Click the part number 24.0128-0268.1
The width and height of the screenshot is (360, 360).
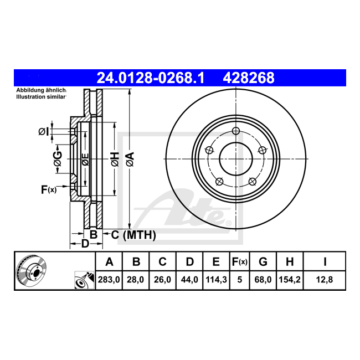point(151,78)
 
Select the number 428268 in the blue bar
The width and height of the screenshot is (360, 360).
point(249,78)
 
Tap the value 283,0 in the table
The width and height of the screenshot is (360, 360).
point(109,280)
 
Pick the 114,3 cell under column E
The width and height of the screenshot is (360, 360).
point(216,280)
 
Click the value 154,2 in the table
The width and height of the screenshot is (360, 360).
point(290,280)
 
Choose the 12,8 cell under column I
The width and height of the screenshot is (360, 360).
point(325,280)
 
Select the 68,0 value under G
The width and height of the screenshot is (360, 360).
point(263,280)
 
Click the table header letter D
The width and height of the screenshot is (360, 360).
point(189,262)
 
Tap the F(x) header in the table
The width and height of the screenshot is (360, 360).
point(239,262)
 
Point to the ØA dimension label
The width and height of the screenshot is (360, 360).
point(130,159)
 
